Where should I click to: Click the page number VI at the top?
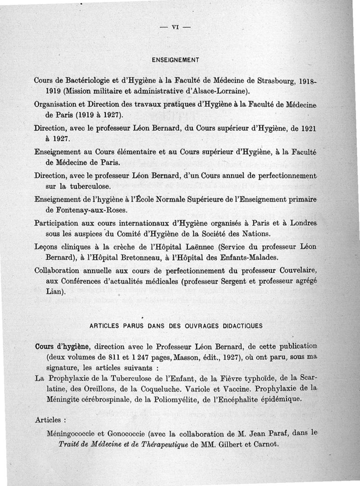click(x=175, y=27)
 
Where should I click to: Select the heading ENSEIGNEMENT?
click(x=175, y=59)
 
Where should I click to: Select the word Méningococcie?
click(x=73, y=434)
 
